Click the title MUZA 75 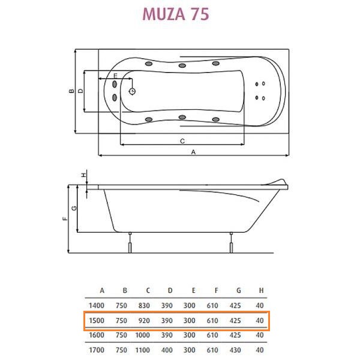175,14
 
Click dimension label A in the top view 193,152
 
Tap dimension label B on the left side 70,91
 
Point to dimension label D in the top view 80,91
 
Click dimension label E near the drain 115,76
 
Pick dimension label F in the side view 64,219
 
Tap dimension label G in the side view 74,208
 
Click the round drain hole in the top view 133,92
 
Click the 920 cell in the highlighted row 143,321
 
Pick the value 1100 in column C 143,350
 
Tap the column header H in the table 259,292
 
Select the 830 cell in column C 143,306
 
